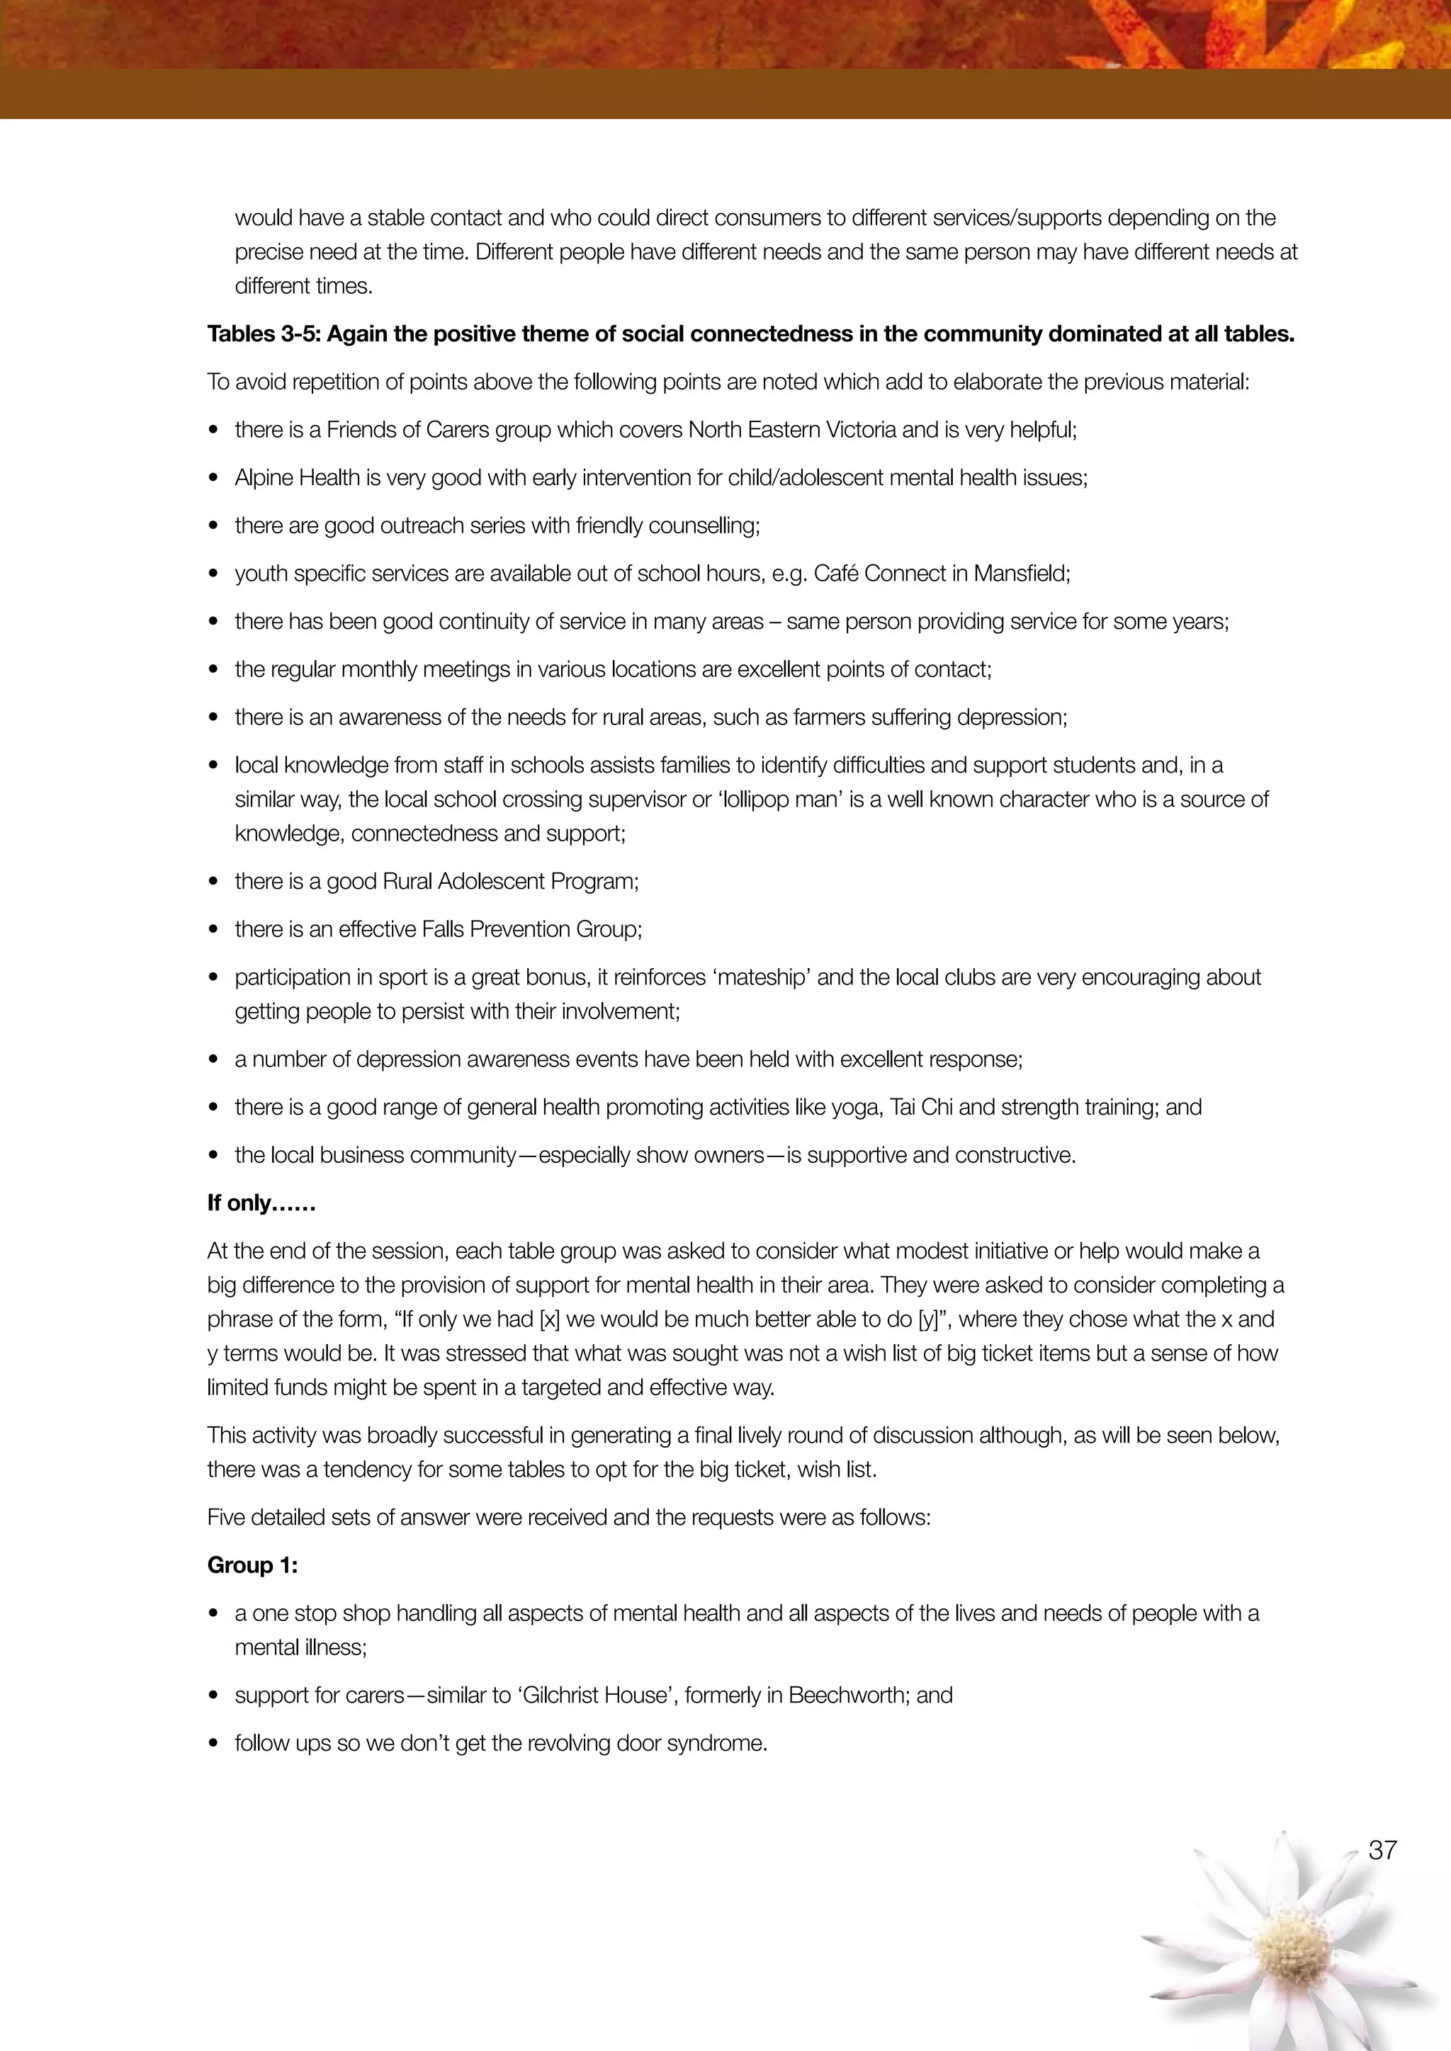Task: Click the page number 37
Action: pos(1382,1849)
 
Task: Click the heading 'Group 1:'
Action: pos(252,1565)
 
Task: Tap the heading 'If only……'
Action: pos(261,1203)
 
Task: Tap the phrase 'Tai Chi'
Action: pos(921,1107)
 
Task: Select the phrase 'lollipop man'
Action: pos(779,800)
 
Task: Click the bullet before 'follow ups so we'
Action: pos(213,1744)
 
